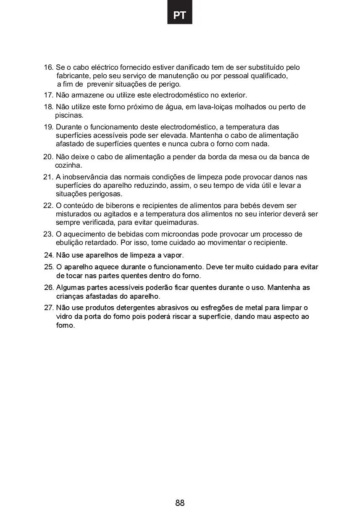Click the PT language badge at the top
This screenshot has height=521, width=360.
click(179, 16)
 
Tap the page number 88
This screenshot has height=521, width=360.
click(180, 503)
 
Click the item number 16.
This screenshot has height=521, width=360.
click(49, 67)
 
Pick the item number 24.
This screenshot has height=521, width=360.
click(49, 255)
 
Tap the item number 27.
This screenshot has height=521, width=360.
click(49, 308)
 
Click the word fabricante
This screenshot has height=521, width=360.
click(72, 76)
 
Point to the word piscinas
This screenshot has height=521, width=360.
click(69, 115)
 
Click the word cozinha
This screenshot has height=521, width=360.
click(68, 165)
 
